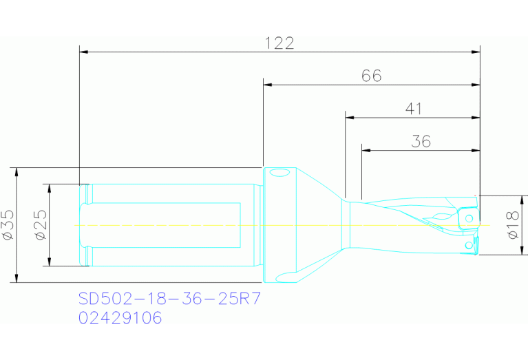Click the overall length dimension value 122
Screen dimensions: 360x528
click(x=279, y=43)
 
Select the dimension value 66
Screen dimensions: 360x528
click(x=371, y=76)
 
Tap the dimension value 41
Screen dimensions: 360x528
click(x=413, y=109)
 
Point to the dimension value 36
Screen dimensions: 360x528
click(x=421, y=141)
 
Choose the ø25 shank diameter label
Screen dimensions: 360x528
click(x=41, y=225)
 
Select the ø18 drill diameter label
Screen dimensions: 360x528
click(x=512, y=225)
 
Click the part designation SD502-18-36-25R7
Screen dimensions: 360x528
click(x=169, y=299)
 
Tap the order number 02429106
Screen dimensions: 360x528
click(x=120, y=318)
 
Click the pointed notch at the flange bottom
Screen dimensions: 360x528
click(x=279, y=279)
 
